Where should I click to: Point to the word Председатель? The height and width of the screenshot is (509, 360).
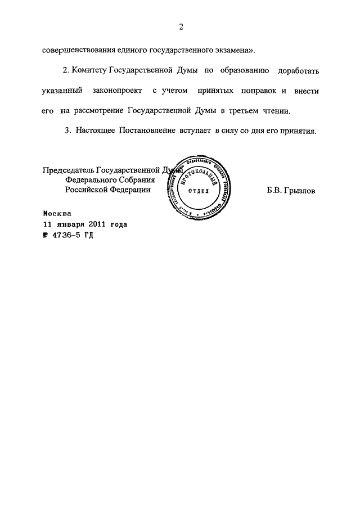tap(68, 170)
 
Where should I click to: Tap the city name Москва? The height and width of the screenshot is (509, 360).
tap(57, 214)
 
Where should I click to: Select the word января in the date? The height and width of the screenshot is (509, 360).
tap(70, 224)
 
